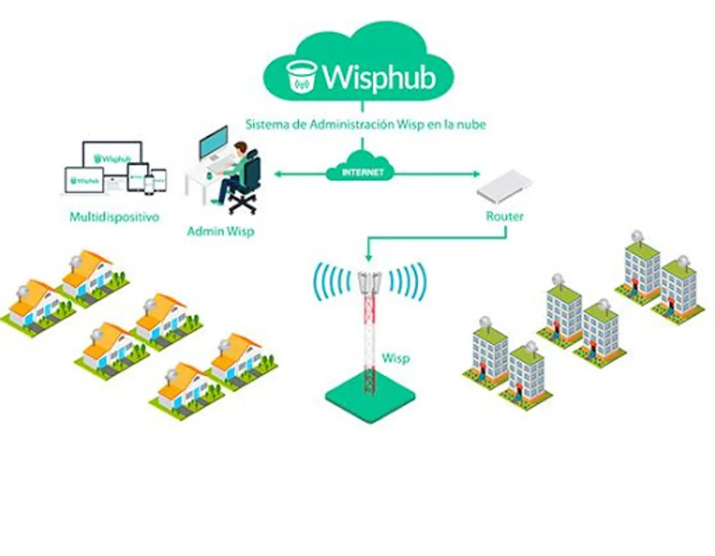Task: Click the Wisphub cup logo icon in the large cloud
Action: pos(302,77)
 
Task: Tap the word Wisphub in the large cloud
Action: pos(379,77)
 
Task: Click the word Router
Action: pos(504,216)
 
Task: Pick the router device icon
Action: pos(504,186)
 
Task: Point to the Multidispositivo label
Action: pos(114,217)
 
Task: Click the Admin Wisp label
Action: pos(220,232)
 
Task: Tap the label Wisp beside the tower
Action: pos(395,358)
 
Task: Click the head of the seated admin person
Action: pos(240,148)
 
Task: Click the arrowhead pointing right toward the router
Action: pos(475,174)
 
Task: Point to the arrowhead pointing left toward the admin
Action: pos(277,174)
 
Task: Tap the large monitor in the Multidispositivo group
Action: pos(112,159)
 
